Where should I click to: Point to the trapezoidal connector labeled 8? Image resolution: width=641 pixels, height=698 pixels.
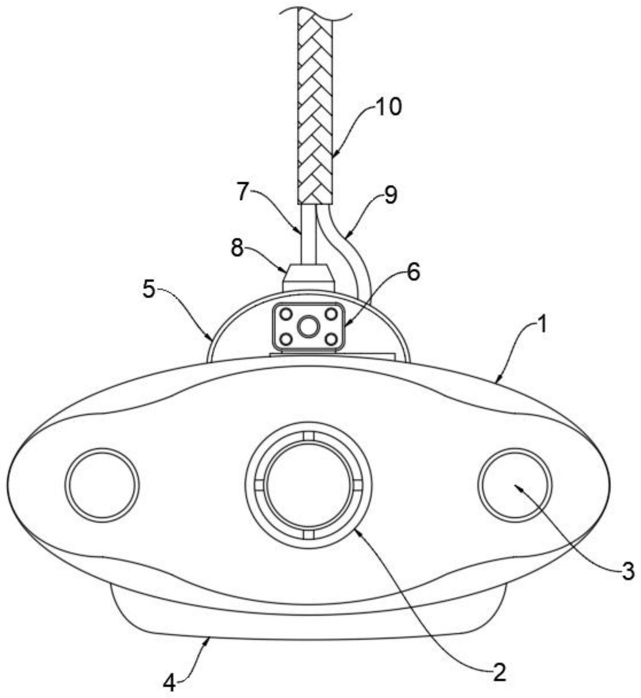[308, 277]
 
